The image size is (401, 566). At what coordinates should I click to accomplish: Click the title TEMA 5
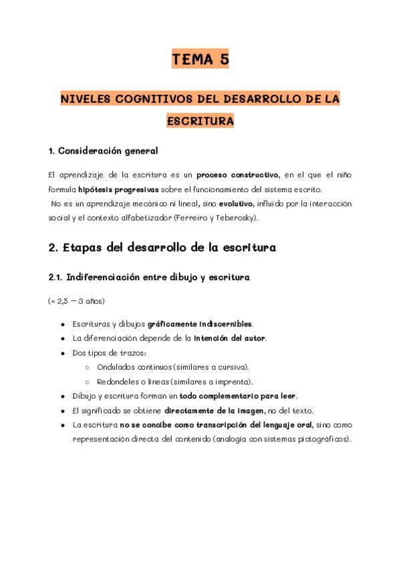[x=200, y=60]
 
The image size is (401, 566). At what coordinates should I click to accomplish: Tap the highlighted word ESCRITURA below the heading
[x=200, y=121]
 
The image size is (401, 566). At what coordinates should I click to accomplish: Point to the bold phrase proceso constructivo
[x=237, y=175]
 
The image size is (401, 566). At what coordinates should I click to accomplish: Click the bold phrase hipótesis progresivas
[x=118, y=189]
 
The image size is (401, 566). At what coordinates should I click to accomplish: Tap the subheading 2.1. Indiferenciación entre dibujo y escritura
[x=149, y=277]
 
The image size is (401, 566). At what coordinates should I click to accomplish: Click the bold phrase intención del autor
[x=230, y=338]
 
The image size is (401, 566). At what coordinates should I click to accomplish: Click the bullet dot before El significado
[x=63, y=410]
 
